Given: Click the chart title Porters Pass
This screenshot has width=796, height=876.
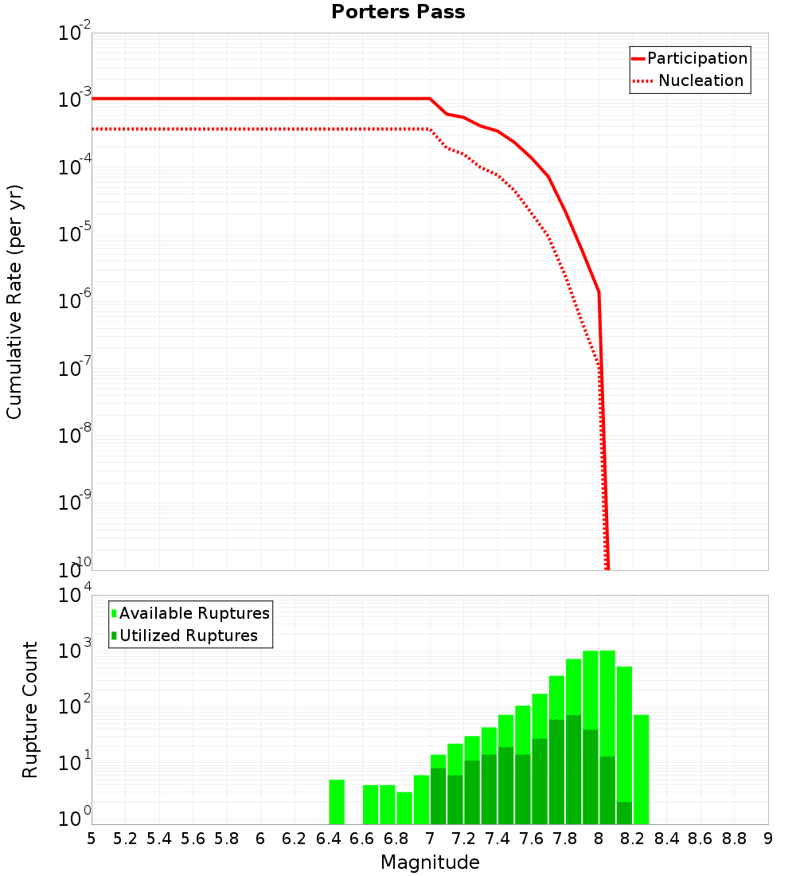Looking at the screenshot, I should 398,12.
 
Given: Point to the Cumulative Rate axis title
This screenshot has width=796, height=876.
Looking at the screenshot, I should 14,301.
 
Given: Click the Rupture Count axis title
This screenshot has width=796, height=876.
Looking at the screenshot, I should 30,710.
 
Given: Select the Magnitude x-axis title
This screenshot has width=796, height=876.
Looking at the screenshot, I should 430,862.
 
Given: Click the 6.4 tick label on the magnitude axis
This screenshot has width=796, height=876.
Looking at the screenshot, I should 328,839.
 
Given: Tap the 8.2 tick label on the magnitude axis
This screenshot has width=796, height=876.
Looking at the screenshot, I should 632,839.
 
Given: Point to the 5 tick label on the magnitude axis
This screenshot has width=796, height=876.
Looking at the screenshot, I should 92,839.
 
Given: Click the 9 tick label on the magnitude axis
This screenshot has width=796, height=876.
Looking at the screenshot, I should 767,839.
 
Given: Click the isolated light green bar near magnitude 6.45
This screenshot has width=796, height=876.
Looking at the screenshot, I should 337,803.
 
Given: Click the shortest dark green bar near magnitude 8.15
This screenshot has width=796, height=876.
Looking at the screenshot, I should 624,813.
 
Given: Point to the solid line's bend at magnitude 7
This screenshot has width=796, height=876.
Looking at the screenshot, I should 430,99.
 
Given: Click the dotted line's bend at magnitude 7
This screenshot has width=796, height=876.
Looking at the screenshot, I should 430,129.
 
